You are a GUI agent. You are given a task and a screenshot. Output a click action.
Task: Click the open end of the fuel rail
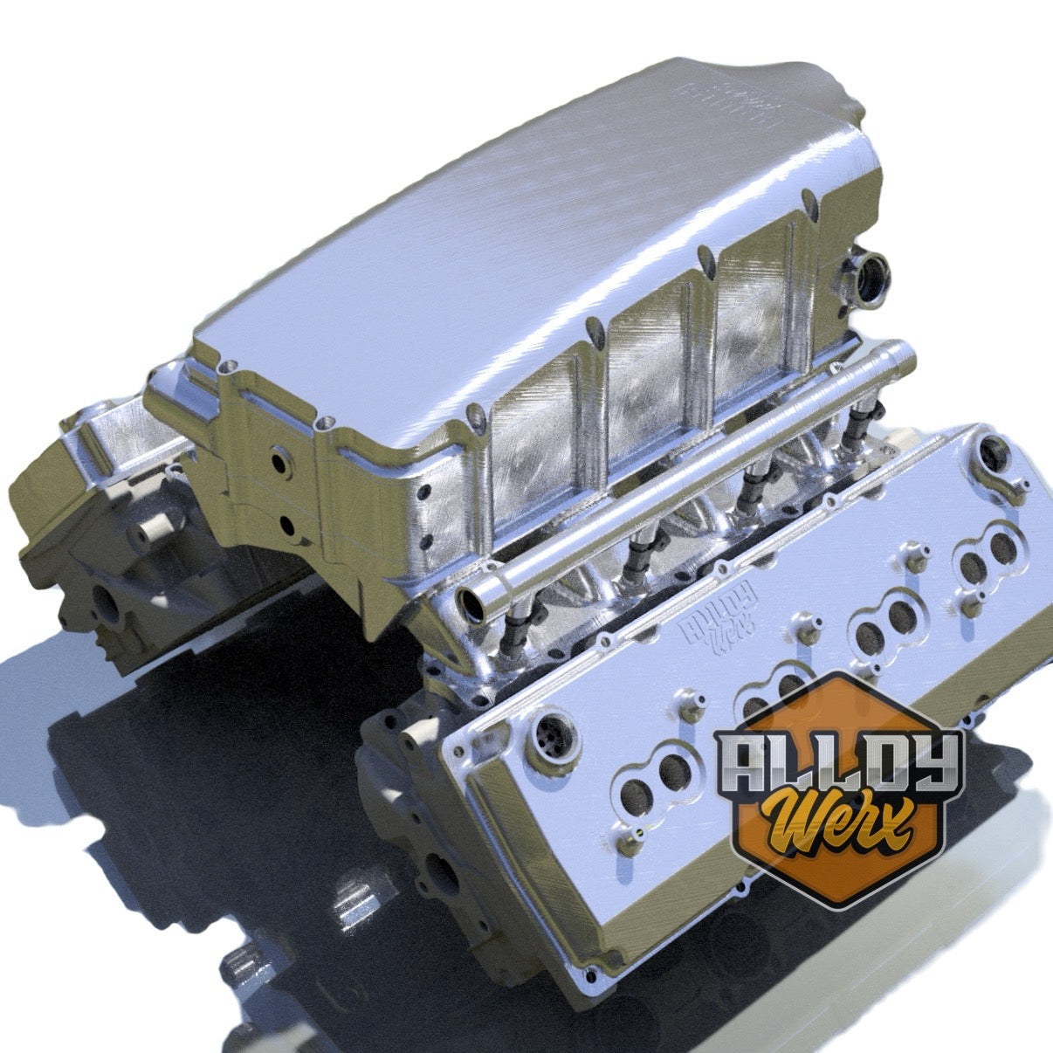[474, 603]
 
